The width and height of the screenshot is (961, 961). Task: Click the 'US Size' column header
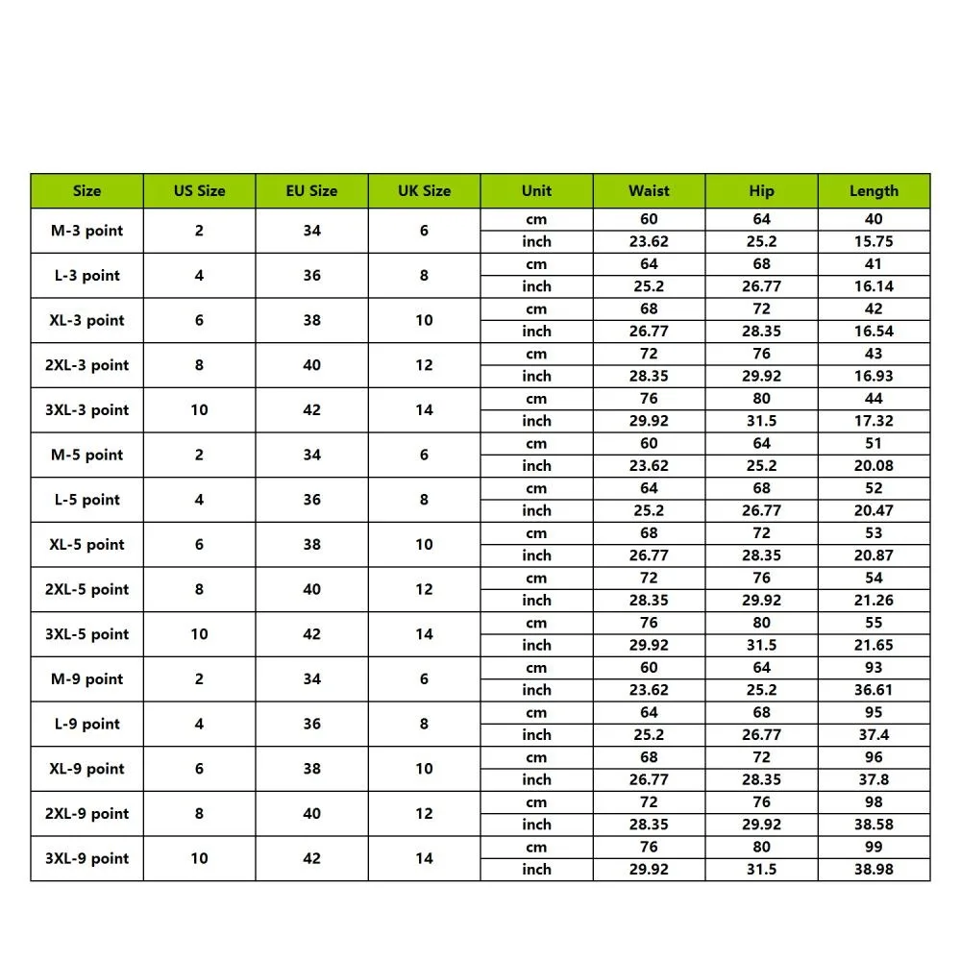pyautogui.click(x=199, y=190)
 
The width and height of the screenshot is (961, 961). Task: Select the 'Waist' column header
pyautogui.click(x=649, y=190)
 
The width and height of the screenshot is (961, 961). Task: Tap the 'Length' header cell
pyautogui.click(x=874, y=190)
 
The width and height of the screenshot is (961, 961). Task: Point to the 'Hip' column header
pyautogui.click(x=761, y=190)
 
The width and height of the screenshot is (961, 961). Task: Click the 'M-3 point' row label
pyautogui.click(x=86, y=231)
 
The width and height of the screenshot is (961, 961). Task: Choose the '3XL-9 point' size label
pyautogui.click(x=86, y=858)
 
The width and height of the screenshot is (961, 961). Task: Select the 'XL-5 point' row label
pyautogui.click(x=86, y=544)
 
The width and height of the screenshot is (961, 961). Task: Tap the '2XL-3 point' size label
pyautogui.click(x=86, y=365)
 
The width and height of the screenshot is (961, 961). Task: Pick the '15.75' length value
pyautogui.click(x=874, y=241)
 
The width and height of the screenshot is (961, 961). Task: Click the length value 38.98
pyautogui.click(x=874, y=869)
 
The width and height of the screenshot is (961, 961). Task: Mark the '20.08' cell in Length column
pyautogui.click(x=874, y=465)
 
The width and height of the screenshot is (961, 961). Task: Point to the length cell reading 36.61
pyautogui.click(x=874, y=690)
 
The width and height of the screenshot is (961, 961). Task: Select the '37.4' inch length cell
pyautogui.click(x=874, y=734)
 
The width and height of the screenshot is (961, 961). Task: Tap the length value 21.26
pyautogui.click(x=874, y=600)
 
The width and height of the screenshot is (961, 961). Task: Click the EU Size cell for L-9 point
pyautogui.click(x=311, y=724)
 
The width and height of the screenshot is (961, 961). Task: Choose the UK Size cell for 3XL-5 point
pyautogui.click(x=424, y=634)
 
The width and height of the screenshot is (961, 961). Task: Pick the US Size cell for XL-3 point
pyautogui.click(x=199, y=320)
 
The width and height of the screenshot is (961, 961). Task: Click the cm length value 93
pyautogui.click(x=874, y=668)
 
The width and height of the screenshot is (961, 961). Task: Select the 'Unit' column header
pyautogui.click(x=536, y=190)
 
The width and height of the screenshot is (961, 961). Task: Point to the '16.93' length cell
pyautogui.click(x=874, y=376)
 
